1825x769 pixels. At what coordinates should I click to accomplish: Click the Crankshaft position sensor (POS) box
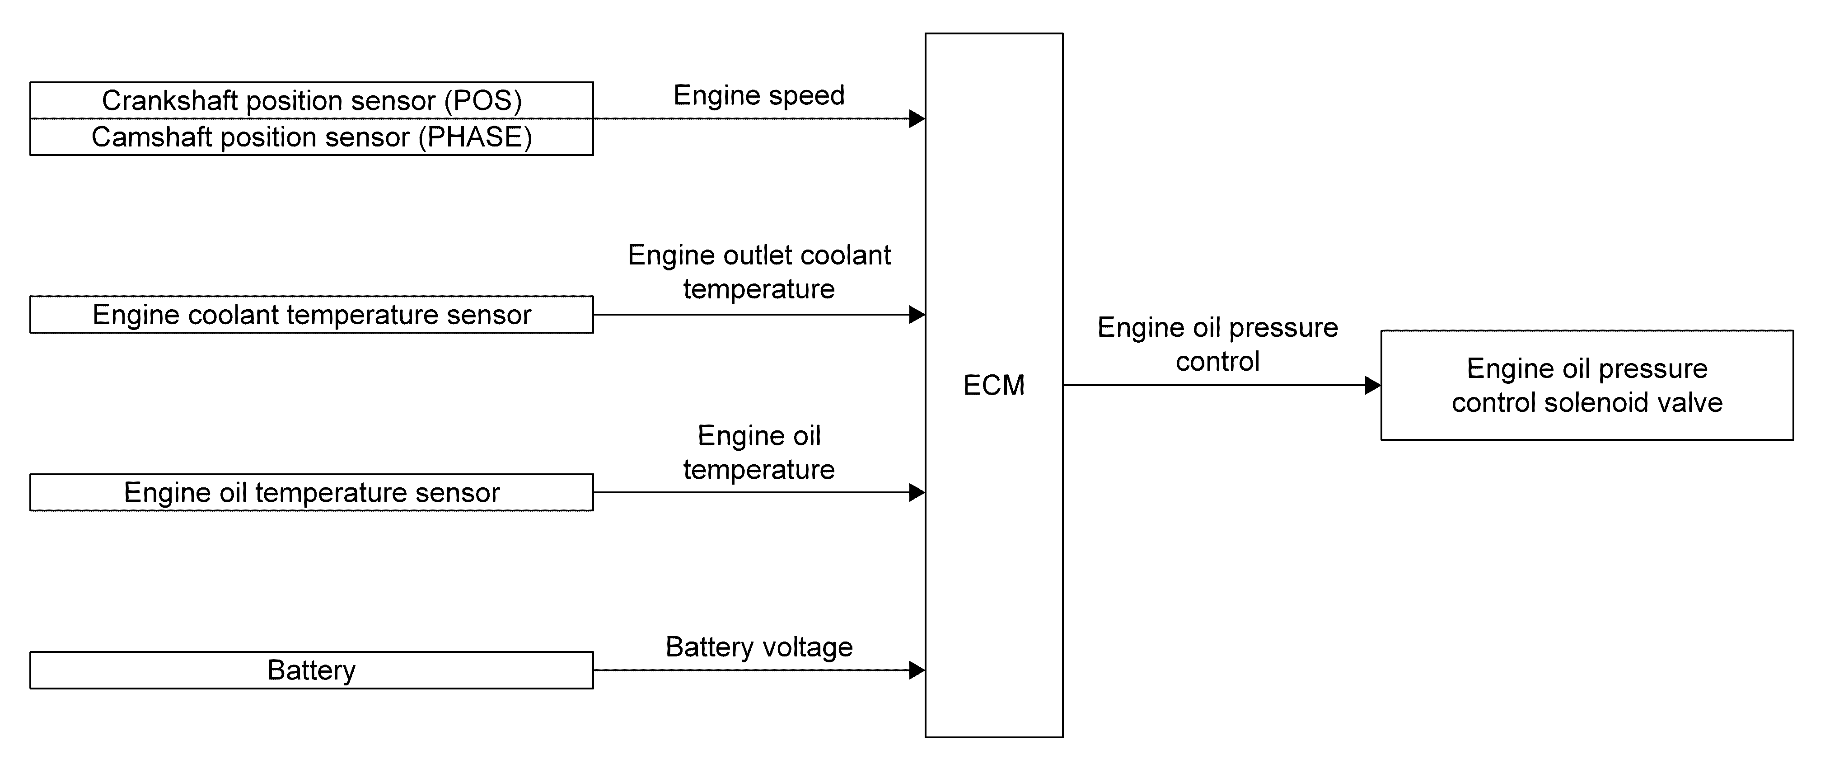pos(312,101)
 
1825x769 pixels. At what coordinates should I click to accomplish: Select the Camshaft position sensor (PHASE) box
pos(312,137)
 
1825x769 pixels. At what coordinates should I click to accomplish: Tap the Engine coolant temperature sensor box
pos(312,315)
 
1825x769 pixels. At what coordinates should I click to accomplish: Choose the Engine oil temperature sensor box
pos(312,493)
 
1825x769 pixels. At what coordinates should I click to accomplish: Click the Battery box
pos(312,670)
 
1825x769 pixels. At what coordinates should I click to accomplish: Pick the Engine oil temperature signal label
pos(759,452)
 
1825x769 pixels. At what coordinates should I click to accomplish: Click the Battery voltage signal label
pos(759,647)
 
